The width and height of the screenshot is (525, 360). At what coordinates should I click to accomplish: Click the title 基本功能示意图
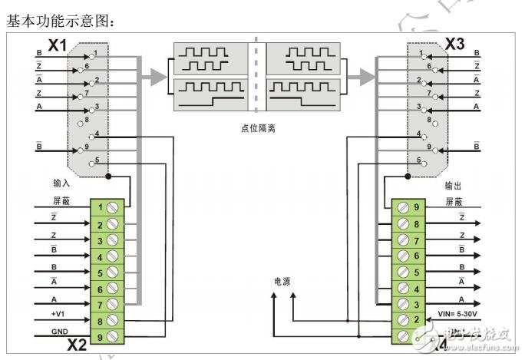[x=61, y=22]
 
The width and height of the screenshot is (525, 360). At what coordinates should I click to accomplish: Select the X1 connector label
[x=58, y=45]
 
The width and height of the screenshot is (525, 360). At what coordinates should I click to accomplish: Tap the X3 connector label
[x=454, y=45]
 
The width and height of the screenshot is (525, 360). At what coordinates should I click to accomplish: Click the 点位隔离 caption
[x=258, y=129]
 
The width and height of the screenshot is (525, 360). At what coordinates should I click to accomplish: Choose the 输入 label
[x=62, y=185]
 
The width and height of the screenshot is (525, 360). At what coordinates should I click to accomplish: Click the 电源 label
[x=282, y=281]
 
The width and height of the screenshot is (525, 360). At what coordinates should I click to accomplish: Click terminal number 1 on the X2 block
[x=101, y=207]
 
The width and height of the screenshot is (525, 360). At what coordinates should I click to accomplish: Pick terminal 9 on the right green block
[x=415, y=206]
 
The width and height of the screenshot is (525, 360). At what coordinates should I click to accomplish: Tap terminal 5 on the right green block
[x=415, y=272]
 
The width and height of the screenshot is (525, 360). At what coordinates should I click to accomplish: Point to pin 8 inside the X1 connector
[x=91, y=119]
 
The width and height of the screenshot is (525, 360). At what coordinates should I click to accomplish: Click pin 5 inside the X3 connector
[x=421, y=160]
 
